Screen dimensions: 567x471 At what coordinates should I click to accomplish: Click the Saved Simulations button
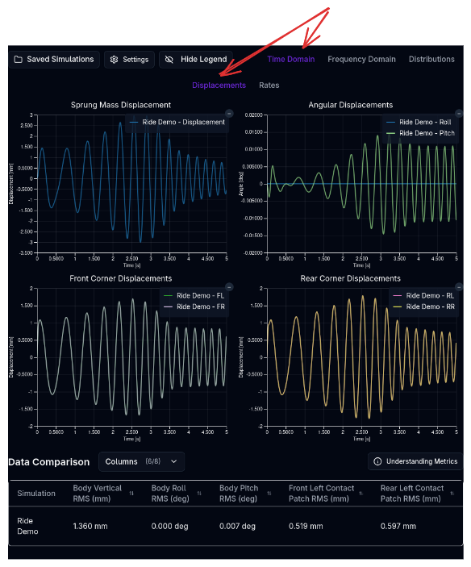53,60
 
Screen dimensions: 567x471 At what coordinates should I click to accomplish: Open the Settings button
129,60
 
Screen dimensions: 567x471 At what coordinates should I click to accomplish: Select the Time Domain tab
291,59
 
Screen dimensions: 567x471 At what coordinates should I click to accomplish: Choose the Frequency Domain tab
361,59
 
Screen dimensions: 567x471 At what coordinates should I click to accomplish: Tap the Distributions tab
431,59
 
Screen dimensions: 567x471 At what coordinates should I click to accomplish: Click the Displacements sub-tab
219,85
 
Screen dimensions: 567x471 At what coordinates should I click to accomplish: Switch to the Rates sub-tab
269,85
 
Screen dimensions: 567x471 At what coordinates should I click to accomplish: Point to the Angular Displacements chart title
351,105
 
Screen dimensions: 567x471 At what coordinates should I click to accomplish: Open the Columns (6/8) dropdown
142,461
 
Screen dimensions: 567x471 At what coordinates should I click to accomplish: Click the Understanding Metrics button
415,461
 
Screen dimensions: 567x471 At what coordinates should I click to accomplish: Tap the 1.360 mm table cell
88,526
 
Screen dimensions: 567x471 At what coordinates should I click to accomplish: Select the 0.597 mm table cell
398,526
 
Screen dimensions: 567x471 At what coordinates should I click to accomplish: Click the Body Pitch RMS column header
239,493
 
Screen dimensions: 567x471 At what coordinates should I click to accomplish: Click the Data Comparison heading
48,461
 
